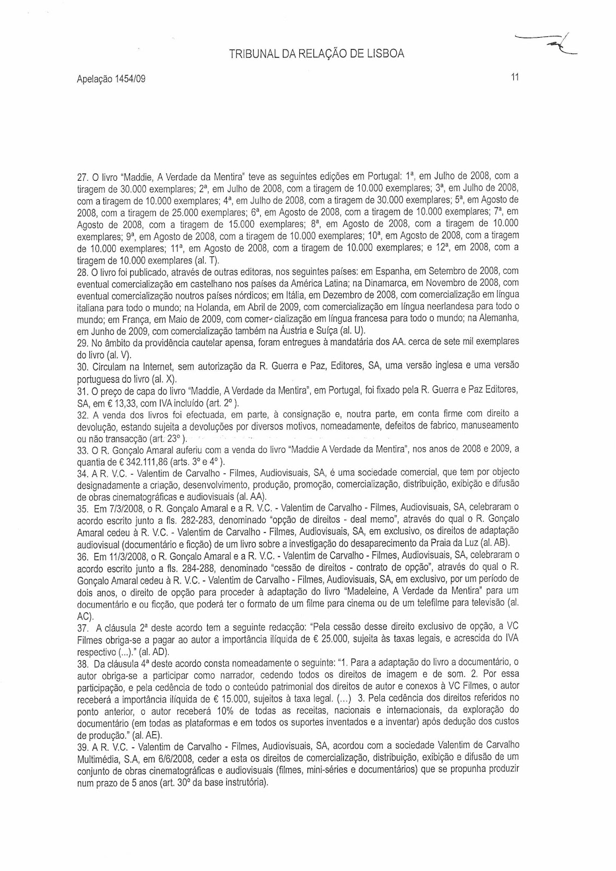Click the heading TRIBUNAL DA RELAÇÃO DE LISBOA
(x=317, y=54)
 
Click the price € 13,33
(x=108, y=403)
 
